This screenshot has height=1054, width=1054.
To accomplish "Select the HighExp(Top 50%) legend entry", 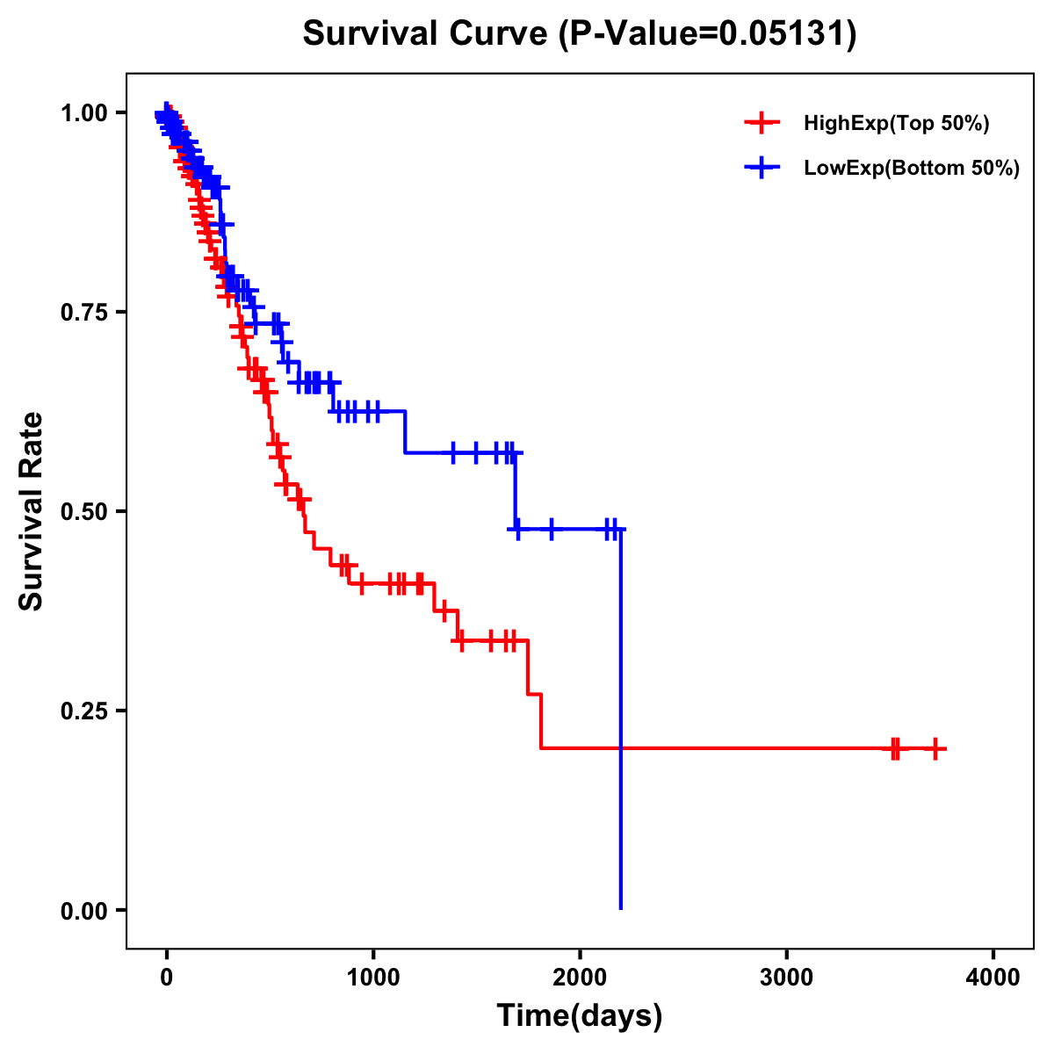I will click(x=896, y=124).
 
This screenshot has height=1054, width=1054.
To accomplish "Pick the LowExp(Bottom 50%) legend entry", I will click(x=911, y=169).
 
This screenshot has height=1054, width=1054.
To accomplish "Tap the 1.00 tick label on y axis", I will click(x=83, y=113).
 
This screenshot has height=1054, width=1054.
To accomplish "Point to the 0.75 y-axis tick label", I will click(x=83, y=313).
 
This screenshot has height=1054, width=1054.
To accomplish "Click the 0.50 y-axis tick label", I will click(x=83, y=512).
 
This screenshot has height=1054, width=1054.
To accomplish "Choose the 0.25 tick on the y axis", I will click(x=83, y=711).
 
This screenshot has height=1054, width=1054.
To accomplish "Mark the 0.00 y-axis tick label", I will click(x=83, y=911).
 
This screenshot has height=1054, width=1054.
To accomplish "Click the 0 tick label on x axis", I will click(x=166, y=977).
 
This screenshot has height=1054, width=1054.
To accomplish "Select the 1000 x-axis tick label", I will click(x=373, y=977).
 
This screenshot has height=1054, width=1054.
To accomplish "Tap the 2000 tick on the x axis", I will click(x=580, y=977).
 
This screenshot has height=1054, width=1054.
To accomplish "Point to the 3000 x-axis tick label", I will click(x=786, y=977).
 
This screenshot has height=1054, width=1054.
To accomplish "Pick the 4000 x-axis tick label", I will click(x=993, y=977).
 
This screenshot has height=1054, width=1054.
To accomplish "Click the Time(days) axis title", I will click(x=580, y=1016).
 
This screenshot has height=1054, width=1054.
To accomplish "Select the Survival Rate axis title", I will click(x=32, y=511).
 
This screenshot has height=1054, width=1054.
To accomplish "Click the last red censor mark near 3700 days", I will click(x=935, y=748).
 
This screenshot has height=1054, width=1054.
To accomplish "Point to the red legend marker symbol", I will click(x=762, y=124).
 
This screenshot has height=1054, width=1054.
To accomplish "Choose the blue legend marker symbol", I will click(x=762, y=169).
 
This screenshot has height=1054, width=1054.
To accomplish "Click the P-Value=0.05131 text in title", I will click(x=709, y=34).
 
